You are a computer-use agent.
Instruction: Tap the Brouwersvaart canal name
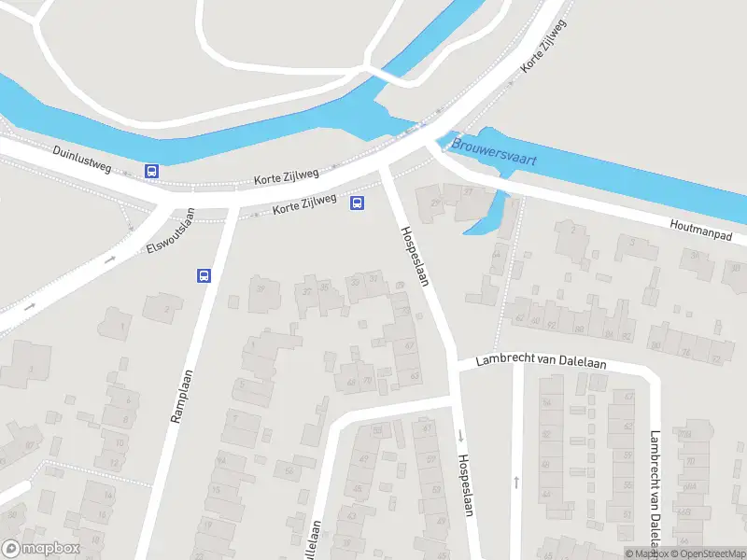[494, 152]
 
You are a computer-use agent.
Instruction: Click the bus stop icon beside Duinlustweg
[151, 171]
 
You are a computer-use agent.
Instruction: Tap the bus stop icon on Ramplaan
[204, 274]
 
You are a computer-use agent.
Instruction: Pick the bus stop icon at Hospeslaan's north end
[357, 203]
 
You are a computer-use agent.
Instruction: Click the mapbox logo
[40, 549]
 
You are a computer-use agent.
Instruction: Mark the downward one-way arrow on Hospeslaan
[460, 435]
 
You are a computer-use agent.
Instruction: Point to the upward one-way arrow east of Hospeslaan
[516, 482]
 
